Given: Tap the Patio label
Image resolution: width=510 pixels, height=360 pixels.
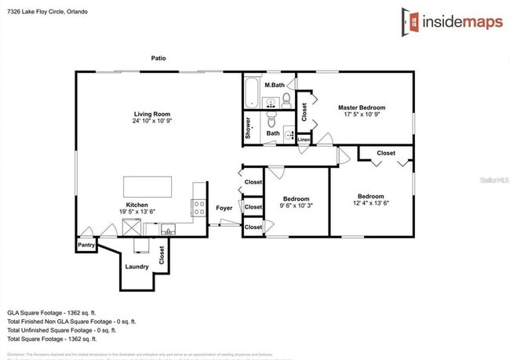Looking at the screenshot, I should click(x=158, y=58).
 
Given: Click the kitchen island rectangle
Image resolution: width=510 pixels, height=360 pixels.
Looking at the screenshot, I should click(x=148, y=187).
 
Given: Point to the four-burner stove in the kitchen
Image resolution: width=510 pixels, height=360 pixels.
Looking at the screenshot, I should click(x=200, y=208).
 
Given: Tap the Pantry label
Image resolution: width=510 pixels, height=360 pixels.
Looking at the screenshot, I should click(x=86, y=245).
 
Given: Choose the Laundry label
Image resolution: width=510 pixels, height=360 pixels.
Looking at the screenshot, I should click(x=137, y=267).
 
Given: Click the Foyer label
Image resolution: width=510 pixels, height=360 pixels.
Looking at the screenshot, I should click(x=224, y=208).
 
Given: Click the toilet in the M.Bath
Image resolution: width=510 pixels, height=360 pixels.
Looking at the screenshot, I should click(x=286, y=100).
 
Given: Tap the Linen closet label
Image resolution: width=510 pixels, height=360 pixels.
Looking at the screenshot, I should click(x=304, y=140).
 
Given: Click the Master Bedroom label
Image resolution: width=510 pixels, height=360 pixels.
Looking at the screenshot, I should click(x=362, y=107).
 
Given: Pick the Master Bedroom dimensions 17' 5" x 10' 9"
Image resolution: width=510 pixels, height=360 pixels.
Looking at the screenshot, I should click(x=362, y=115).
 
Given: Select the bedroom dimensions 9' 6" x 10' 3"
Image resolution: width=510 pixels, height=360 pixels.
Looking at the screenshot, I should click(x=297, y=205).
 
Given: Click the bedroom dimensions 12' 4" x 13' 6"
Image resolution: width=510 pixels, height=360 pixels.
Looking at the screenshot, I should click(x=370, y=203).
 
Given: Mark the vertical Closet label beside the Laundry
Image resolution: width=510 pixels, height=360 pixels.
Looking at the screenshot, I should click(x=162, y=255).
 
